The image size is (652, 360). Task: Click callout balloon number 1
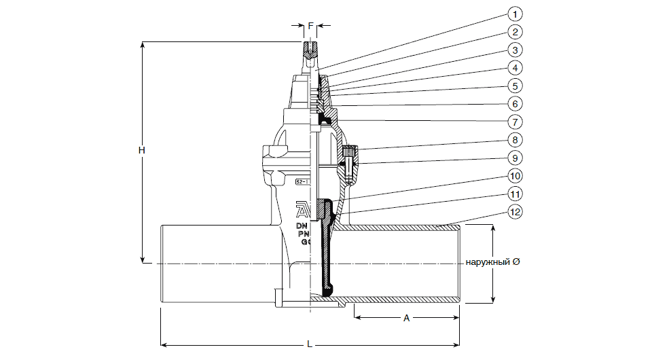[x=516, y=14]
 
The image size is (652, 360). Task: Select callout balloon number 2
[x=516, y=32]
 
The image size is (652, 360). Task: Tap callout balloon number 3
[x=516, y=50]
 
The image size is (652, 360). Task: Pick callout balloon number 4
[x=516, y=68]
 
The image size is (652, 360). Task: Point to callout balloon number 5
[x=516, y=86]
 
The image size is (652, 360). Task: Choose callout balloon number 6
[x=516, y=104]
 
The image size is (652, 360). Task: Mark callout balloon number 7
[x=516, y=122]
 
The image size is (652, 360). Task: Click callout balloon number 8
[x=516, y=140]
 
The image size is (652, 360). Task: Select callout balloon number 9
[x=516, y=158]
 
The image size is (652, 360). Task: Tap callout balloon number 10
[x=516, y=176]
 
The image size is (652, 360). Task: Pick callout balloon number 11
[x=516, y=194]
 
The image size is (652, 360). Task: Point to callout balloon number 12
[x=516, y=212]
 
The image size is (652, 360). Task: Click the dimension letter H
[x=142, y=150]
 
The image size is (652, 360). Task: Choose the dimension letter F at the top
[x=310, y=26]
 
